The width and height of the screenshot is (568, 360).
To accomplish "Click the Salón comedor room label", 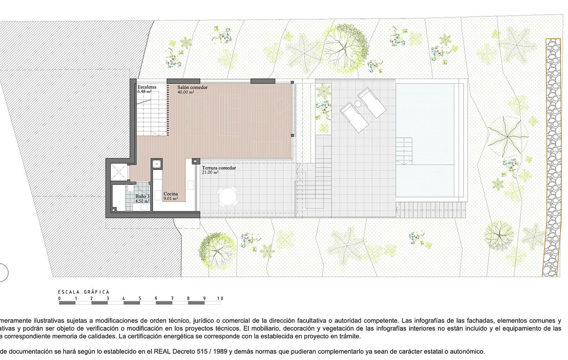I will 193,88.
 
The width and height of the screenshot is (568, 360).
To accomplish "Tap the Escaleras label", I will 147,88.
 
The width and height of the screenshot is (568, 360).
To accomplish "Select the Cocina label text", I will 171,194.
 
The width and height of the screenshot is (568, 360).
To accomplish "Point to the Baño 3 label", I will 142,196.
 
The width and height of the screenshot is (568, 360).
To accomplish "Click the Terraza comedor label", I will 219,168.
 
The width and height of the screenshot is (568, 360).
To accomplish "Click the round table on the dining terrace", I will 228,197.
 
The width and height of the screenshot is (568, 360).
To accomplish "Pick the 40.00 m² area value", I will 186,93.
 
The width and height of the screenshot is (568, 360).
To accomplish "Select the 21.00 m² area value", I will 210,173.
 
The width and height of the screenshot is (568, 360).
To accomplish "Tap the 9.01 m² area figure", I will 171,199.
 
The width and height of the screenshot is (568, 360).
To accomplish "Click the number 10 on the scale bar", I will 220,299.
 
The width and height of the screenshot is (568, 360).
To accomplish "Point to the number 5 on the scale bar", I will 140,299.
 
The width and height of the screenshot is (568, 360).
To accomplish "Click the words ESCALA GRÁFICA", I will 83,292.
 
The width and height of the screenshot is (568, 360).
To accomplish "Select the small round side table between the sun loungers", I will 358,104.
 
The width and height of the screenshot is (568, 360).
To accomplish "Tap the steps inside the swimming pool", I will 405,149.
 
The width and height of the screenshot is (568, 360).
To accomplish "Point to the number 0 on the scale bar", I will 59,299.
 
